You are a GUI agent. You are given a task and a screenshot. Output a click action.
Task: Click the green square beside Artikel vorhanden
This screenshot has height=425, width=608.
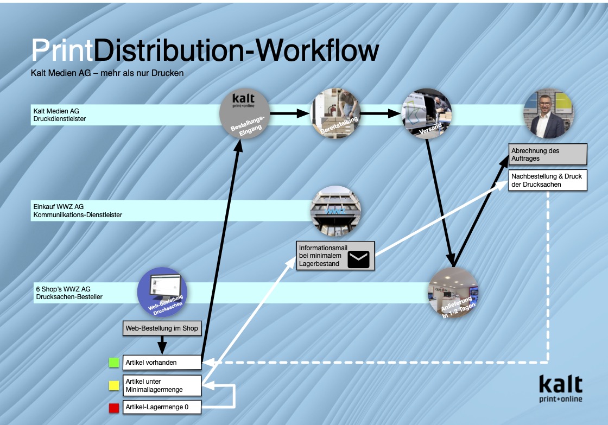point(113,362)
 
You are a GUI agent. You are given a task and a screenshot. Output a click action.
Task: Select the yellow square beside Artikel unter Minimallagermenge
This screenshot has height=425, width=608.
point(113,385)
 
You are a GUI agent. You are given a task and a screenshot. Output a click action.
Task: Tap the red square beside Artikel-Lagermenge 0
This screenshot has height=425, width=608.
point(113,407)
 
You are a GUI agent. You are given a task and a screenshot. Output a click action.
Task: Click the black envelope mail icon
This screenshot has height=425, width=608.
point(358,259)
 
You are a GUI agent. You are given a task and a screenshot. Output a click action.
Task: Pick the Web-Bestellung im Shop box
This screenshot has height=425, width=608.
point(162,328)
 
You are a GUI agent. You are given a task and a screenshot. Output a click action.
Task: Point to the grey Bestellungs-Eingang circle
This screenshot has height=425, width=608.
point(244,114)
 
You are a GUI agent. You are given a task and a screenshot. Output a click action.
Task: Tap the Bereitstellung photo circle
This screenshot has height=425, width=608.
point(335,114)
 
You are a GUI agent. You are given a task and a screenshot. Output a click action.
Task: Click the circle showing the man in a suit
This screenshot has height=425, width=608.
point(548,114)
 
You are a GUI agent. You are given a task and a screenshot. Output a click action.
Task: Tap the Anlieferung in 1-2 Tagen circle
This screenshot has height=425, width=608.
point(453,293)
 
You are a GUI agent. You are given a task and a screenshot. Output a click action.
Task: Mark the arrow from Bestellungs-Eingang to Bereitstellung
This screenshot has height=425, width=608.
point(290,114)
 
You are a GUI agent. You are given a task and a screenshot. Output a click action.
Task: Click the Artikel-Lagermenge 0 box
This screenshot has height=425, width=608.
point(162,407)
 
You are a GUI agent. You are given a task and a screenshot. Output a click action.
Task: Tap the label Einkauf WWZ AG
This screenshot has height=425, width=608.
point(59,207)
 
